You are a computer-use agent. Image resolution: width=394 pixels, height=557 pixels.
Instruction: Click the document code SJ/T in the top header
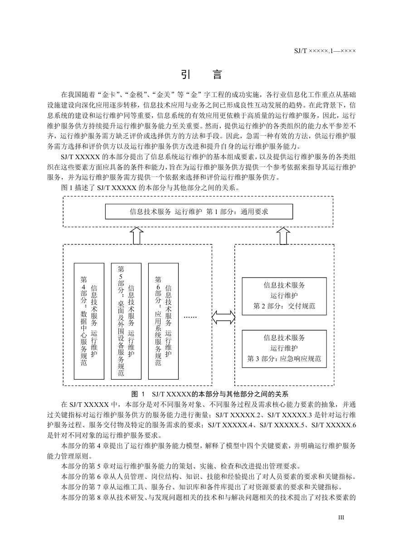[x=301, y=51]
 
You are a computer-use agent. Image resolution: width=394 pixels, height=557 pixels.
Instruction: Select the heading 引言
[x=201, y=74]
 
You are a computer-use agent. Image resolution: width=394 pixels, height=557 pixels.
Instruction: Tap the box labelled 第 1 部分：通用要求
[x=199, y=212]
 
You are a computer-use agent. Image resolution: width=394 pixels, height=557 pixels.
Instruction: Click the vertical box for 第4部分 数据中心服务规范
[x=89, y=321]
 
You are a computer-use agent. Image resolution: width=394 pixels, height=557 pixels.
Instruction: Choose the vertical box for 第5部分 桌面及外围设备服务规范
[x=126, y=321]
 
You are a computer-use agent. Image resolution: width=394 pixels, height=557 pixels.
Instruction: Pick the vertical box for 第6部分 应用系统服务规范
[x=163, y=321]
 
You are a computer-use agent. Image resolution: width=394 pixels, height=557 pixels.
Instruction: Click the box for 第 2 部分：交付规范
[x=284, y=296]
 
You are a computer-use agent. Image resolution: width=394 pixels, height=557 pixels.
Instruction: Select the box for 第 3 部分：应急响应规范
[x=284, y=349]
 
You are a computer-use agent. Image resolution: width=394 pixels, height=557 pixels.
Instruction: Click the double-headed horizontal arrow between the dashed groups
[x=223, y=318]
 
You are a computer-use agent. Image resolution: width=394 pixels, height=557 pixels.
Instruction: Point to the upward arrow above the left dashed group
[x=137, y=236]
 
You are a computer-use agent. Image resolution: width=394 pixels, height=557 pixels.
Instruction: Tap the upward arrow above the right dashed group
[x=283, y=236]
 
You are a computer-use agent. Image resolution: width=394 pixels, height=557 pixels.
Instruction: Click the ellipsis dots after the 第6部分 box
[x=190, y=317]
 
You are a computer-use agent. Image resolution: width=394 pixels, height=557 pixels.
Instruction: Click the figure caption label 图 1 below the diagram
[x=138, y=394]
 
